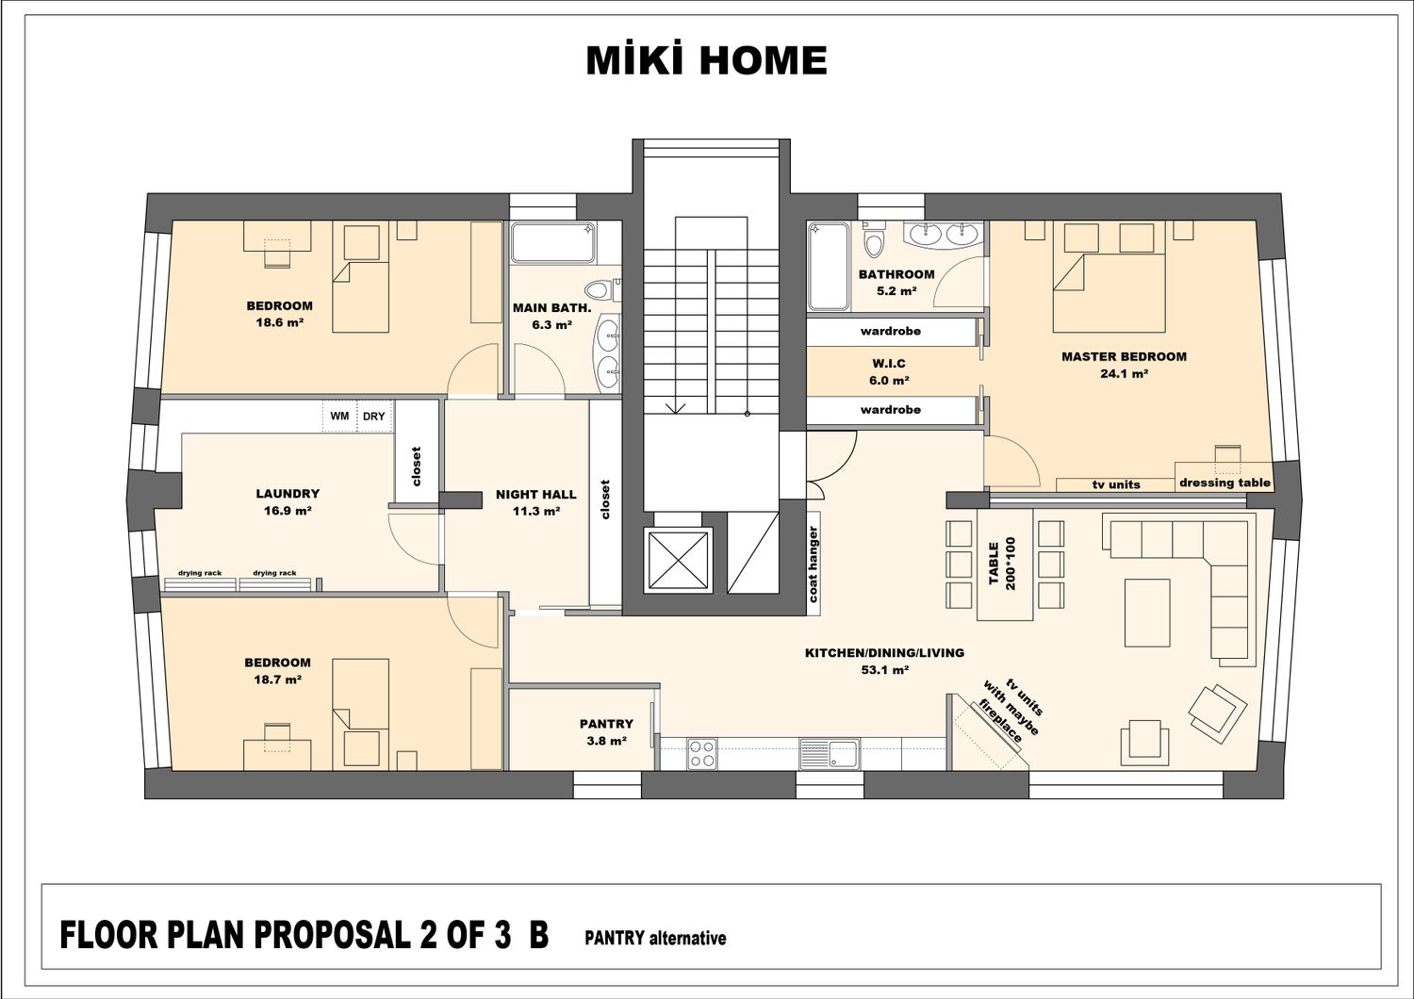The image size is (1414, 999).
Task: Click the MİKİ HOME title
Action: tap(706, 60)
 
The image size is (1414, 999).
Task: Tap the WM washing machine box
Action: tap(339, 416)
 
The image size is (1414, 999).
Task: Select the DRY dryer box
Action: tap(374, 416)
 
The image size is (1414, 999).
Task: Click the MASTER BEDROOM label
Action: tap(1124, 356)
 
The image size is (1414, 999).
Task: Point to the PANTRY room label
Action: tap(606, 724)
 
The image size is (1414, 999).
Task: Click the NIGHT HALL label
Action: tap(536, 495)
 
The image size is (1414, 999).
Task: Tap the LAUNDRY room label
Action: tap(288, 494)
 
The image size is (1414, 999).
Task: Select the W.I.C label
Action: tap(889, 364)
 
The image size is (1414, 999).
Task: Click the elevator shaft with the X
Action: tap(678, 560)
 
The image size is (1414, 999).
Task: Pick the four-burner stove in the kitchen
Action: tap(702, 754)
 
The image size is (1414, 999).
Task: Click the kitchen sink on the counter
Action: tap(829, 754)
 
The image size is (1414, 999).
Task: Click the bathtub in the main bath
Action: tap(552, 242)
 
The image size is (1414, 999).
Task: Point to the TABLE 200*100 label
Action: tap(1002, 563)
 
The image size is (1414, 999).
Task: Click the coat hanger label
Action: tap(813, 564)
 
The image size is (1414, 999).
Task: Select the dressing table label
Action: tap(1225, 483)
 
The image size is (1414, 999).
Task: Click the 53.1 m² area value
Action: tap(884, 669)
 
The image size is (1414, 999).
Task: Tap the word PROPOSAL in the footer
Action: tap(331, 935)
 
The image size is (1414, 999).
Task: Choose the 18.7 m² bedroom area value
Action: tap(277, 680)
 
